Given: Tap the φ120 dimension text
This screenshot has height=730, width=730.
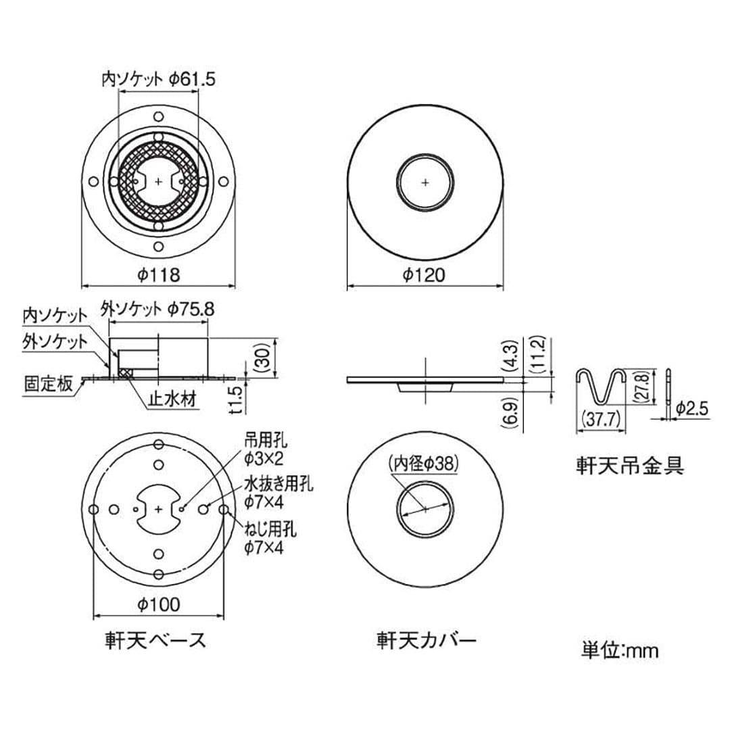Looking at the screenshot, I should pos(424,275).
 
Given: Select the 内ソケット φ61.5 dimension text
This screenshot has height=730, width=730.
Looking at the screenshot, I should pos(157,79).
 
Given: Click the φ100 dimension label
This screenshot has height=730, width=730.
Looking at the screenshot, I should pos(158,604).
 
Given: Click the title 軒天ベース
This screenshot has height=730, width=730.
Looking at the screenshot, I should pos(158,639).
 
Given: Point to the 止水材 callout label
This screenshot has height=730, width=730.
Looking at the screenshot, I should pos(172,400).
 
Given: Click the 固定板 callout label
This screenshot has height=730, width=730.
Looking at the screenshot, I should pos(48,384).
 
